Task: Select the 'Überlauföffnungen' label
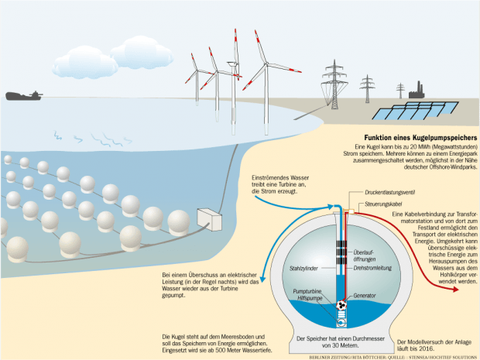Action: click(x=367, y=256)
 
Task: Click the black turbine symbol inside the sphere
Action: click(x=341, y=306)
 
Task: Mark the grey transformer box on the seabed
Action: click(x=211, y=220)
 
